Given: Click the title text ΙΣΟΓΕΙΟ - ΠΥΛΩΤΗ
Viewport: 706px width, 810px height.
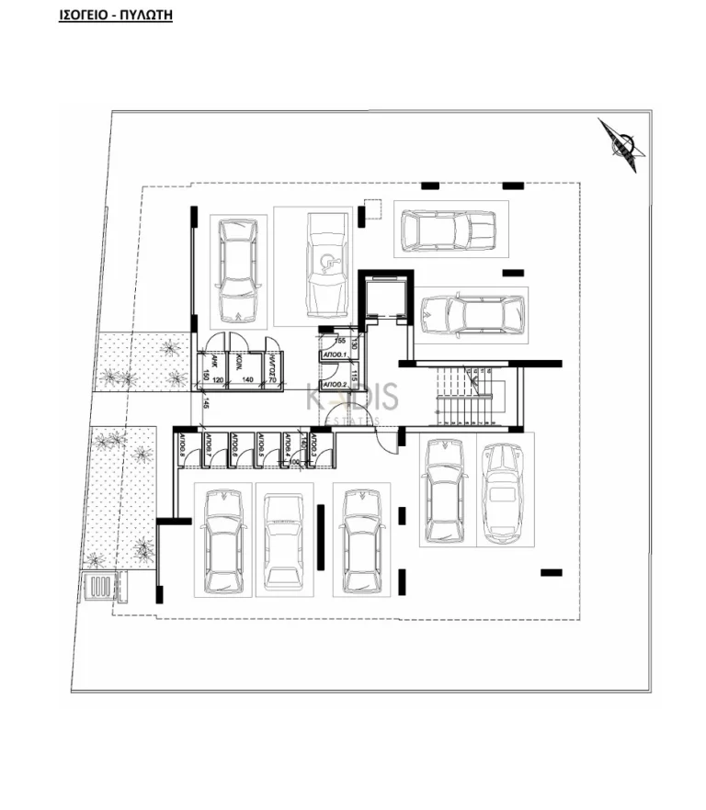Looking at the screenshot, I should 116,15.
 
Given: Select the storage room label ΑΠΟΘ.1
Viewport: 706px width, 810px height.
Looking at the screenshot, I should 333,354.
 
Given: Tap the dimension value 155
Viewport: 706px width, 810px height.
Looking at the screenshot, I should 339,340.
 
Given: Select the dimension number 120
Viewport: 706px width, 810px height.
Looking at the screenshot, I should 219,378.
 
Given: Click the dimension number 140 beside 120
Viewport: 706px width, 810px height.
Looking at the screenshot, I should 247,378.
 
